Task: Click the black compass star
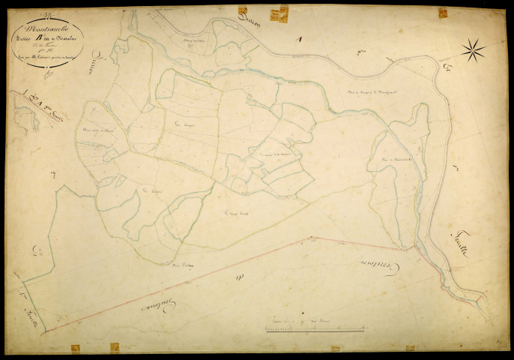click(x=473, y=50)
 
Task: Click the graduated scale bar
click(x=315, y=328)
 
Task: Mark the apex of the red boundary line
click(x=307, y=238)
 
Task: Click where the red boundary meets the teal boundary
click(x=46, y=330)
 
